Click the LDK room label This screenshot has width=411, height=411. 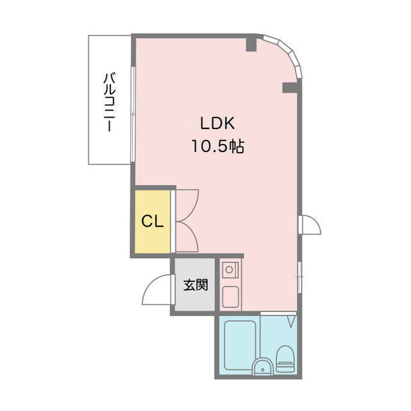pos(217,123)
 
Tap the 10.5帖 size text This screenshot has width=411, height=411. pos(218,146)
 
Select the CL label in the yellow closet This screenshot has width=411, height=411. pos(152,222)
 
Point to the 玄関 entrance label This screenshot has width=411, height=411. pos(195,285)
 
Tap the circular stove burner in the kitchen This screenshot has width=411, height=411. pos(229,269)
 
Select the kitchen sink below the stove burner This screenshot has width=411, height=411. pos(231,297)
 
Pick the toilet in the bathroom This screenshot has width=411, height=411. pos(285,358)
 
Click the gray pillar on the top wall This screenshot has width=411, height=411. pos(251,44)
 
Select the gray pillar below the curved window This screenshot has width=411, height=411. pos(290,87)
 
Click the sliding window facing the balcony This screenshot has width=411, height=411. pos(133,114)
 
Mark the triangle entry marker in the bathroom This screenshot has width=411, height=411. pos(291,322)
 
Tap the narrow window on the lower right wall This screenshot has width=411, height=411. pos(300,277)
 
